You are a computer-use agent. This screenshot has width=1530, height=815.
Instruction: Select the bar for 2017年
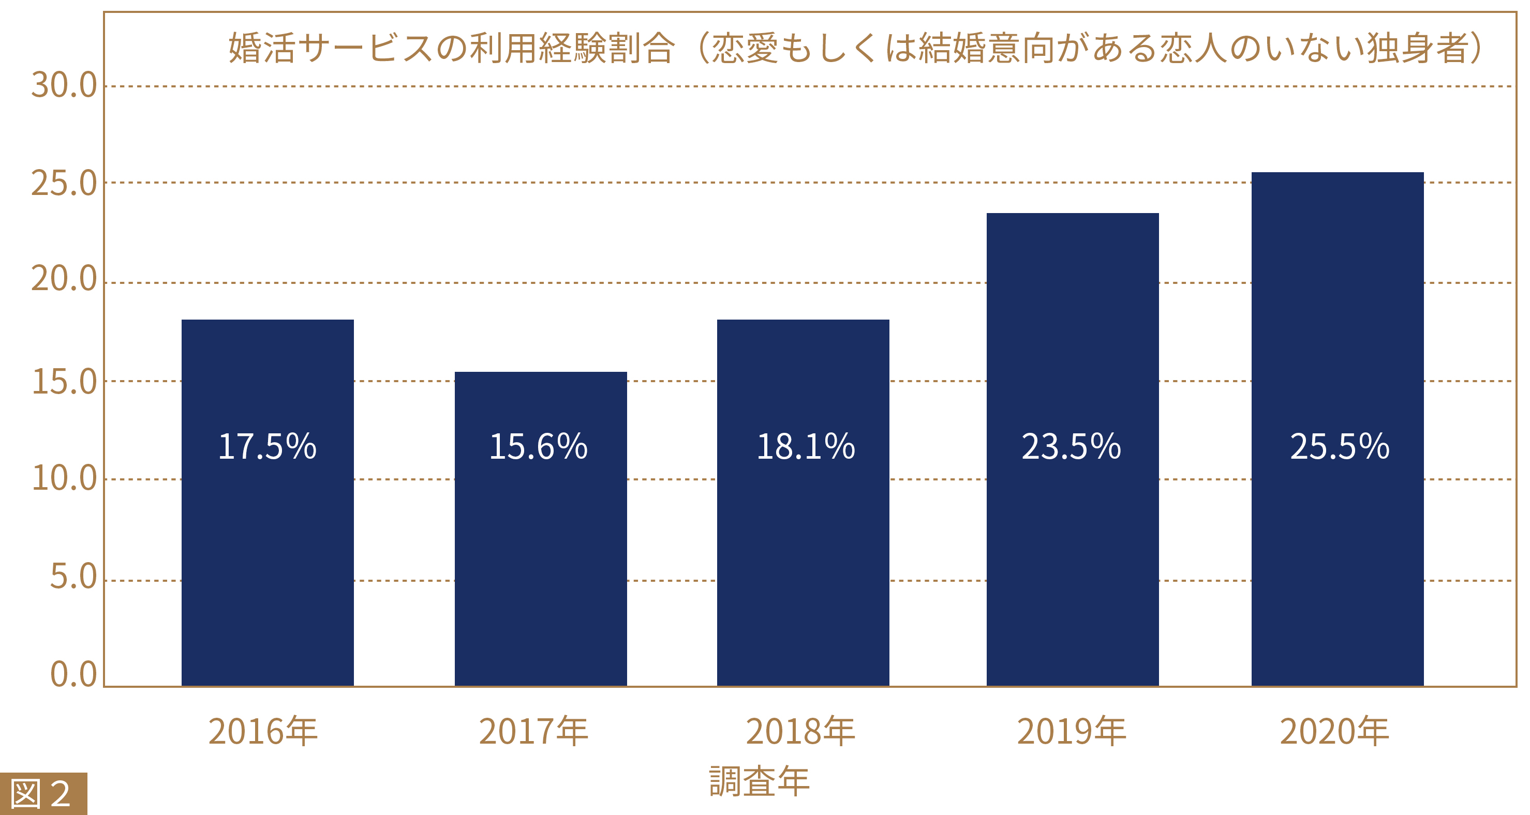[541, 564]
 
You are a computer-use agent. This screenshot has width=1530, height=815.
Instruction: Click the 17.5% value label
[268, 446]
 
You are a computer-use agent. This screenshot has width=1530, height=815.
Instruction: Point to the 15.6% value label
[538, 446]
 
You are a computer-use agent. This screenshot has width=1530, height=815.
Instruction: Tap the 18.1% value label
[806, 446]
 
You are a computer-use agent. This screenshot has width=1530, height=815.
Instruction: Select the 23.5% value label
[1071, 446]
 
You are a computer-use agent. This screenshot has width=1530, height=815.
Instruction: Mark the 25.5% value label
[1340, 446]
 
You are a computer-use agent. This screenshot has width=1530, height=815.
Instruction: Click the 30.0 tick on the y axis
[64, 85]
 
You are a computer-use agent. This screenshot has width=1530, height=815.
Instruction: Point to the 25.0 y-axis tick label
[64, 184]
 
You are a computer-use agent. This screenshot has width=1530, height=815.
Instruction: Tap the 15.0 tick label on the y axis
[64, 382]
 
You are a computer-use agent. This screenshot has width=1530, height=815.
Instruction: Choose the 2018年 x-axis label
[800, 731]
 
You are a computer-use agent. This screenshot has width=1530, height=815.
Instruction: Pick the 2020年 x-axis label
[1334, 731]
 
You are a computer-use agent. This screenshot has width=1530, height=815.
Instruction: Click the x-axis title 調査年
[760, 781]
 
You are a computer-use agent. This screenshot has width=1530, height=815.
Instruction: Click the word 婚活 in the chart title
[262, 48]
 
